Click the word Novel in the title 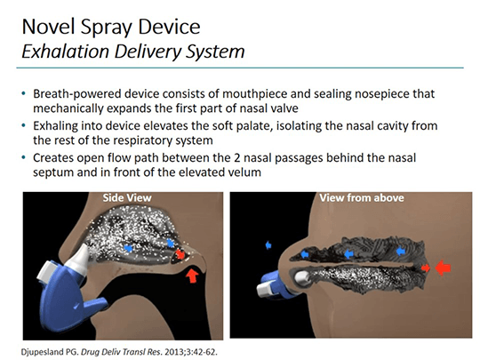(x=49, y=27)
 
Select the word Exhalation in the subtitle (x=65, y=52)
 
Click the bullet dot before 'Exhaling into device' (x=24, y=125)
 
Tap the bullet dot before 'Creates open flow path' (x=24, y=157)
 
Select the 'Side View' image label (x=127, y=197)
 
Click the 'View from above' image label (x=362, y=197)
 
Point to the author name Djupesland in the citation (x=43, y=352)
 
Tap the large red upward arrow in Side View (x=192, y=275)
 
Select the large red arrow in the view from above (x=443, y=268)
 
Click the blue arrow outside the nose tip (x=268, y=245)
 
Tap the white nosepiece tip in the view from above (x=302, y=277)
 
